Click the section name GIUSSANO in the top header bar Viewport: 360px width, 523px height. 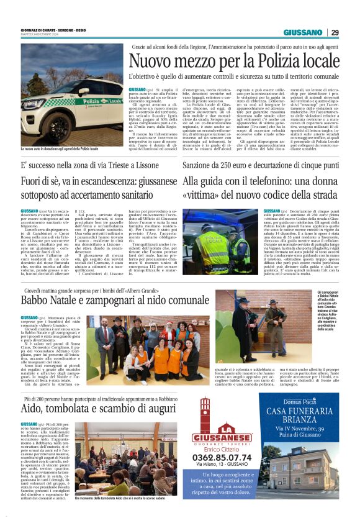tap(304, 32)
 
